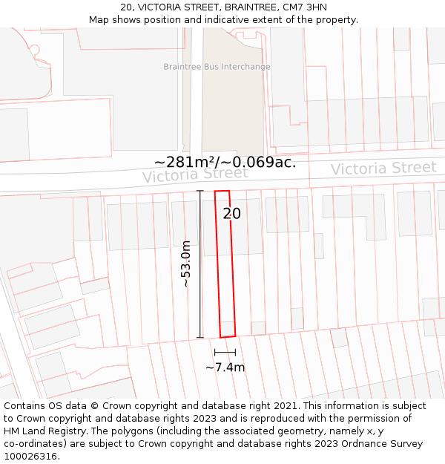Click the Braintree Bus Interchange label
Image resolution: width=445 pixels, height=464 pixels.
coord(217,67)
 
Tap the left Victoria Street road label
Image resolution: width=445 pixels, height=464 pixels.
coord(195,174)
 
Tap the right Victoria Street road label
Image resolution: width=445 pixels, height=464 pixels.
coord(383,169)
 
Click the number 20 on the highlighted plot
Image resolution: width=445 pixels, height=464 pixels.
coord(232,214)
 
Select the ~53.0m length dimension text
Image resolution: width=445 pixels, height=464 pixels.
coord(186,264)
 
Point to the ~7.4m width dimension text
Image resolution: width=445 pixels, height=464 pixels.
coord(225,367)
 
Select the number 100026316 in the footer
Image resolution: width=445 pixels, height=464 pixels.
coord(30,457)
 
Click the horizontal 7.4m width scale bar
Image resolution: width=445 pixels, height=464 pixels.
coord(225,352)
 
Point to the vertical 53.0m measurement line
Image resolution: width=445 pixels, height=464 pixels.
coord(200,264)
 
